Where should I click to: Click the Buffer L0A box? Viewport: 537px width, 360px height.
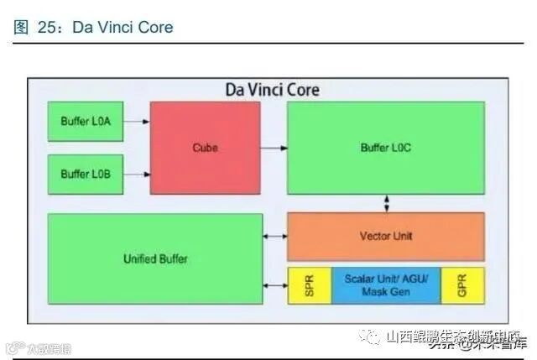click(86, 122)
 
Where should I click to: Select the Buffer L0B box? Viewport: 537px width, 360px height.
click(86, 175)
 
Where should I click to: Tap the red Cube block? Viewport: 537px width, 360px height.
click(205, 148)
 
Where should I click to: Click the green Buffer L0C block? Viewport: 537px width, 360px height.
click(385, 148)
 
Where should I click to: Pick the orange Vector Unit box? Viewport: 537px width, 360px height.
click(385, 236)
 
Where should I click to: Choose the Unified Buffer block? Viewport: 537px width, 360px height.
click(154, 258)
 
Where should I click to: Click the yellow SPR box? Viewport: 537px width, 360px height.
click(309, 285)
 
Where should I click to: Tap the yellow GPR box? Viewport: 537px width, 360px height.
click(462, 285)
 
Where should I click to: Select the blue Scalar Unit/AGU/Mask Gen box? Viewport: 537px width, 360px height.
click(385, 285)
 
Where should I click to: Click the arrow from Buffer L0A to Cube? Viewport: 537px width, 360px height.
click(137, 122)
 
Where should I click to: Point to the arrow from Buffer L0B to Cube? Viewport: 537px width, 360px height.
click(137, 175)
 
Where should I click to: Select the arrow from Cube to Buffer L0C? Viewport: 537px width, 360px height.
click(274, 149)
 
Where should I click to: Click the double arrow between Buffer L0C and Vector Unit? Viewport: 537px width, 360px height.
click(386, 203)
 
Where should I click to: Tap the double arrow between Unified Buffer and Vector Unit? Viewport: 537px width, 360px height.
click(275, 237)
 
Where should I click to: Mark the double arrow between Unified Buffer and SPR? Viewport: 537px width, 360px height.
click(275, 286)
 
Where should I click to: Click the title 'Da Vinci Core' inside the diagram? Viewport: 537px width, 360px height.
click(272, 89)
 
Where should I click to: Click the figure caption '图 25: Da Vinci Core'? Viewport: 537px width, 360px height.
click(94, 27)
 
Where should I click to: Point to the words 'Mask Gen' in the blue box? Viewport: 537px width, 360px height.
click(385, 293)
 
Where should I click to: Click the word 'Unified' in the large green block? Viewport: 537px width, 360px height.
click(139, 258)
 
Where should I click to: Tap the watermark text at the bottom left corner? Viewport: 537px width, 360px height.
click(39, 348)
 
